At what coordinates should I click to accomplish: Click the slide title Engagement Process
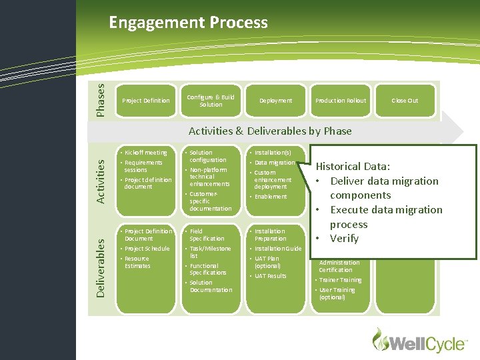188,23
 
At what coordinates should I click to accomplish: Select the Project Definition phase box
146,101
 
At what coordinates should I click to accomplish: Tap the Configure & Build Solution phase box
211,101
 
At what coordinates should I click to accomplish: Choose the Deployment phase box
275,101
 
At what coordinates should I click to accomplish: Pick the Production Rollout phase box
341,101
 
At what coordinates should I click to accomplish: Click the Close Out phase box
405,101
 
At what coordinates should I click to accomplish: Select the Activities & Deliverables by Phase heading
270,131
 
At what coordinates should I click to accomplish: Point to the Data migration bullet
275,163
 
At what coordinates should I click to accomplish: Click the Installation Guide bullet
278,249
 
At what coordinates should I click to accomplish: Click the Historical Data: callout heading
353,167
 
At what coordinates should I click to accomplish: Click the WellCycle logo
419,341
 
